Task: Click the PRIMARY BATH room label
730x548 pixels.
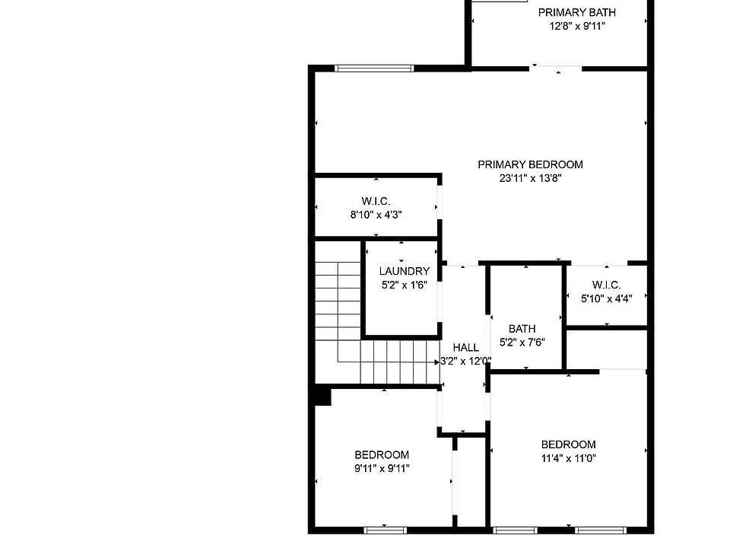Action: (x=577, y=13)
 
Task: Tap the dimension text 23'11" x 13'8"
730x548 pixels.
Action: (x=530, y=178)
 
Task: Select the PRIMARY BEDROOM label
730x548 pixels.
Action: (x=530, y=164)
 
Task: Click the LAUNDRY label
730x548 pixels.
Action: (x=404, y=271)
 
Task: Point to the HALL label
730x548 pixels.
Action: (x=465, y=348)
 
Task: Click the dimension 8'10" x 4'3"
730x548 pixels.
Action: (x=376, y=215)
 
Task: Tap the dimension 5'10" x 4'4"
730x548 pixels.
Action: (x=606, y=298)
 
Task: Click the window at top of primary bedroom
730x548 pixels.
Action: (x=374, y=68)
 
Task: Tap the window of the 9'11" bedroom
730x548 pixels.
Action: (x=385, y=530)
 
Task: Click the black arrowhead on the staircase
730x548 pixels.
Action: (x=437, y=362)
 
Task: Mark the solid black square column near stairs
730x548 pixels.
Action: (x=322, y=397)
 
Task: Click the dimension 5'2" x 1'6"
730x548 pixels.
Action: (x=404, y=285)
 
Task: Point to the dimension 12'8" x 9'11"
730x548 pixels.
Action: (x=577, y=26)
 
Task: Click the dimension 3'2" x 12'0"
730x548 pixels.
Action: (x=465, y=361)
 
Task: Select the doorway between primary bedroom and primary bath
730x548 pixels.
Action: (x=556, y=69)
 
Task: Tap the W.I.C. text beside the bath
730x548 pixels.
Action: (x=606, y=285)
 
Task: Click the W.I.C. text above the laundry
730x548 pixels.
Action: (x=376, y=201)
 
